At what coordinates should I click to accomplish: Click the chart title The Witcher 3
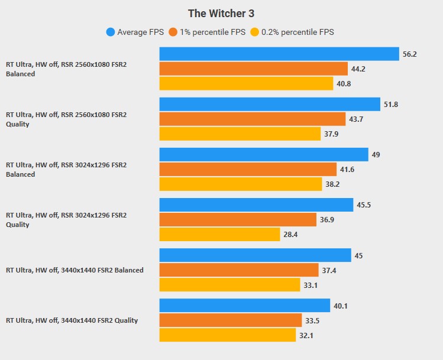pos(221,13)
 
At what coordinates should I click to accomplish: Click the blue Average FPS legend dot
pos(110,33)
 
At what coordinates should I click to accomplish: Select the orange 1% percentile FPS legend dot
pos(173,33)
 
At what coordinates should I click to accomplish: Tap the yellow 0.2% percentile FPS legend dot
pos(254,33)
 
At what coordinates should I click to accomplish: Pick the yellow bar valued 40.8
pos(246,83)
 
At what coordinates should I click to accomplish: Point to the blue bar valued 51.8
pos(270,104)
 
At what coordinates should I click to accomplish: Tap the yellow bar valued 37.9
pos(240,134)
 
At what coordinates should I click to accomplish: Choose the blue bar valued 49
pos(264,154)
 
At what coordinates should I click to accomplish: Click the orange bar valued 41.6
pos(248,169)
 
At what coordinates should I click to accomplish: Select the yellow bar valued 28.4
pos(219,234)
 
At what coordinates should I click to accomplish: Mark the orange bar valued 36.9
pos(238,219)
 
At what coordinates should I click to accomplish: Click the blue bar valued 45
pos(255,255)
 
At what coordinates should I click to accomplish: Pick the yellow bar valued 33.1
pos(229,285)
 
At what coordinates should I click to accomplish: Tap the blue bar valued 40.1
pos(244,306)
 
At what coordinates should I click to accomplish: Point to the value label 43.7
pos(357,119)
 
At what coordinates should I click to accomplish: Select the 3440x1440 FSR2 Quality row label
pos(72,320)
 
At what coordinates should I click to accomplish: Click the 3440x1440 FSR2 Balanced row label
pos(75,270)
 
